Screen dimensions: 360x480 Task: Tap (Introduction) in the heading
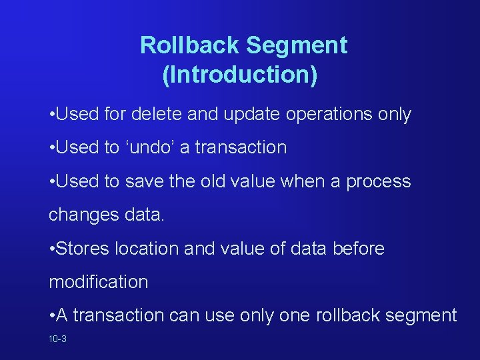(239, 75)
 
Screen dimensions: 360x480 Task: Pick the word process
(379, 182)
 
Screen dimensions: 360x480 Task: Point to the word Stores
(83, 249)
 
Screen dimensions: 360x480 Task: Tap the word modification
(99, 282)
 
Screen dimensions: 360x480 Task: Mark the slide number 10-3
(57, 339)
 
